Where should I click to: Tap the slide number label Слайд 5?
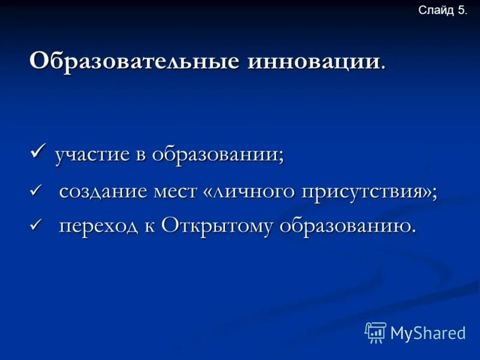pos(442,10)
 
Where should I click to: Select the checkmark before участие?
pos(39,151)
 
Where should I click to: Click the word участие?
pos(92,155)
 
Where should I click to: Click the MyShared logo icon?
pos(376,332)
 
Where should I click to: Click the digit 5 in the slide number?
pos(460,10)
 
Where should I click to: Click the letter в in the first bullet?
pos(139,155)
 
